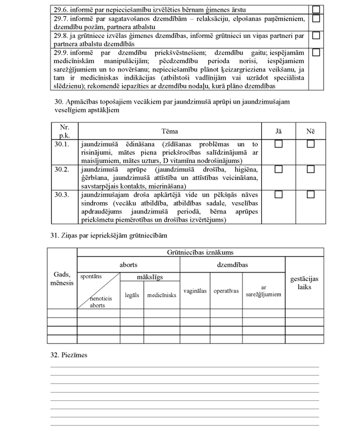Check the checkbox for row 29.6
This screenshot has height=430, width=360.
pos(316,9)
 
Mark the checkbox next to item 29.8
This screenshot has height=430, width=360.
pos(316,35)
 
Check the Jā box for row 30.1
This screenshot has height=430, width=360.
pos(279,144)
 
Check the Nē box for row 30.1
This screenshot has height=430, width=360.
pos(310,144)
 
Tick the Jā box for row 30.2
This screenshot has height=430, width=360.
pos(279,169)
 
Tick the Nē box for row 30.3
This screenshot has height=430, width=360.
pos(310,194)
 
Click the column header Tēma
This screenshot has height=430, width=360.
pos(170,131)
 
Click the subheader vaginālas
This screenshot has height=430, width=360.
pos(195,291)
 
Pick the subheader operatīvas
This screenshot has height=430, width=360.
pos(226,291)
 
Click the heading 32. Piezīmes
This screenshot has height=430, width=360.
pos(69,355)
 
